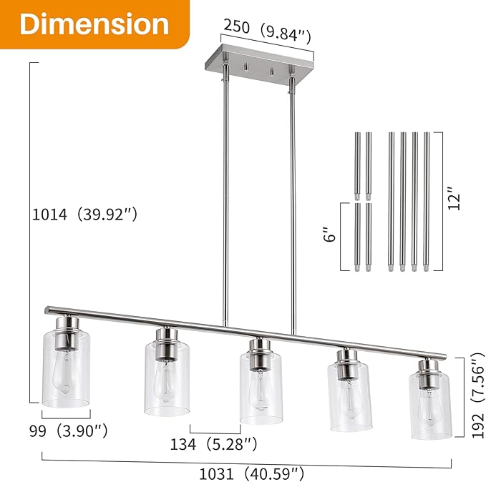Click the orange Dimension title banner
click(94, 24)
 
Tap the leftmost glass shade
click(65, 361)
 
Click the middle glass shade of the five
click(260, 386)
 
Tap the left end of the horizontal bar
click(47, 310)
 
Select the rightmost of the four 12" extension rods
click(427, 200)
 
